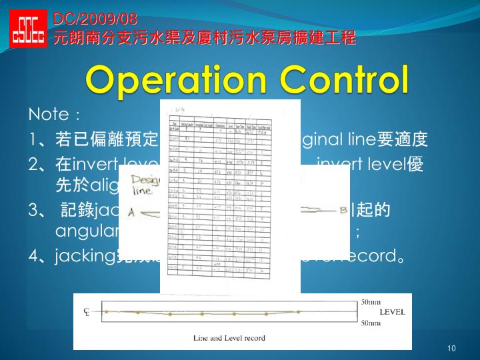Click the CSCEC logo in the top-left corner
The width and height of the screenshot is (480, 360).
click(x=28, y=29)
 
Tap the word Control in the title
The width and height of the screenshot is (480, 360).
click(x=345, y=79)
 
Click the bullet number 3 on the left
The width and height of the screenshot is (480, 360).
click(x=35, y=211)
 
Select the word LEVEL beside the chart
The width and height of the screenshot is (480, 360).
click(x=392, y=311)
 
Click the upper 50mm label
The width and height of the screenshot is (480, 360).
click(x=371, y=302)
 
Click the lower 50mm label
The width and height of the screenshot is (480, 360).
click(x=371, y=323)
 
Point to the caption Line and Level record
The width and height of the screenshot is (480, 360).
click(x=229, y=338)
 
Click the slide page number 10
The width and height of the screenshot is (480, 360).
click(x=451, y=349)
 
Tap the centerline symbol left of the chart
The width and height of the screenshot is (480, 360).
click(x=86, y=312)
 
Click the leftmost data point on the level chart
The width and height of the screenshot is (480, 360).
click(x=105, y=311)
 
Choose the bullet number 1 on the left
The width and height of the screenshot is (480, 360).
click(x=35, y=141)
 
